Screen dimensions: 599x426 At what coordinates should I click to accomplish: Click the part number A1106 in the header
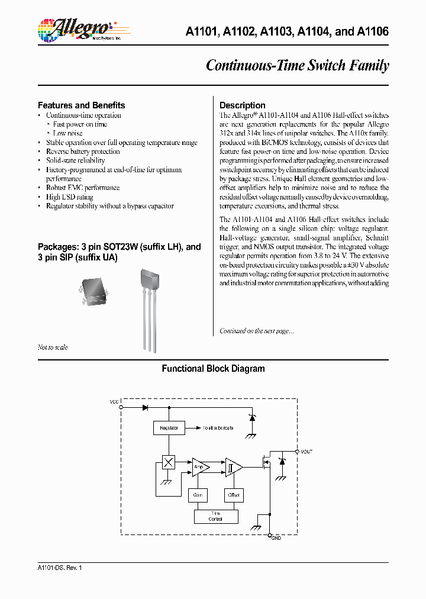tap(373, 31)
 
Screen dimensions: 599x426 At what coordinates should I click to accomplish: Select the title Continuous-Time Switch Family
tap(297, 65)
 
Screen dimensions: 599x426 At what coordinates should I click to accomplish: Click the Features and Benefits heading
tap(81, 105)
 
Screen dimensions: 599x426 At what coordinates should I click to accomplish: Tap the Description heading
tap(242, 105)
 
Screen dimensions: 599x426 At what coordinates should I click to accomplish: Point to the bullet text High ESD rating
tap(69, 197)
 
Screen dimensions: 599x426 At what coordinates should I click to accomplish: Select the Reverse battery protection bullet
tap(82, 152)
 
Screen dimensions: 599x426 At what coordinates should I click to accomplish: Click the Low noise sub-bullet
tap(67, 133)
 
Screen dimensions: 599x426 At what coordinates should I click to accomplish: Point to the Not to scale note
tap(53, 347)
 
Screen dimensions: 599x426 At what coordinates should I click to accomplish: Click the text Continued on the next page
tap(256, 331)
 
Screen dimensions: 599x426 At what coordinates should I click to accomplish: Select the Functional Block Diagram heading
tap(213, 369)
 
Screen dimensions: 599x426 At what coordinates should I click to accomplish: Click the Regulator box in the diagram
tap(169, 427)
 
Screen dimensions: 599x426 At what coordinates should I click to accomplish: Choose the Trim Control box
tap(216, 516)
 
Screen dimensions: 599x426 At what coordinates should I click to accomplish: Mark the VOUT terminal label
tap(306, 452)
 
